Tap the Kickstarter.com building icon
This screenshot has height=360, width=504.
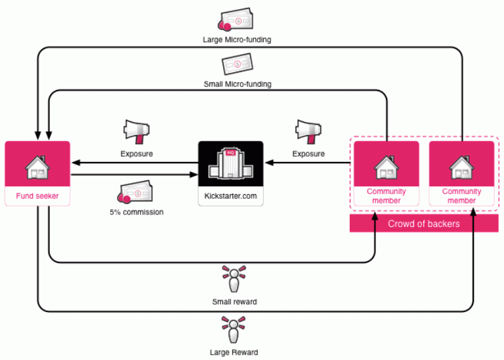coord(230,164)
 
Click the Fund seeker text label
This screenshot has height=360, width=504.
coord(37,196)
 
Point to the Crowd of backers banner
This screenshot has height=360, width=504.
coord(423,224)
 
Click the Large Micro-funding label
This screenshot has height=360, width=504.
coord(237,39)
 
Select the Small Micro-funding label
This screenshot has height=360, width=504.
coord(237,84)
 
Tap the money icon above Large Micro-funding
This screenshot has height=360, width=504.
coord(237,21)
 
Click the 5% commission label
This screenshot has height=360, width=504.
coord(136,212)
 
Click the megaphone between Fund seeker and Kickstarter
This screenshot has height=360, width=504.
coord(137,132)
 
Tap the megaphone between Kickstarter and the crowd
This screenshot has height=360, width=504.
coord(308,132)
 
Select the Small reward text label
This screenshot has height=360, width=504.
coord(234,302)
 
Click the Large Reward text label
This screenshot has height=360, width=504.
coord(234,352)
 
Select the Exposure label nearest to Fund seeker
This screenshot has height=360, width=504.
coord(136,154)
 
